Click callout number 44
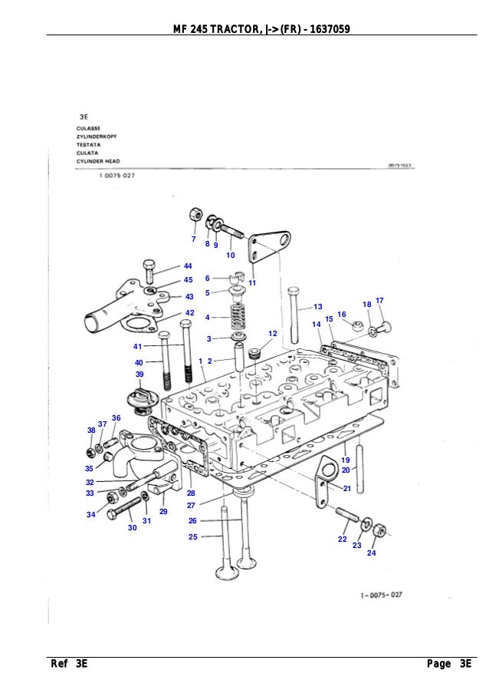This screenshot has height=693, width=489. tap(188, 266)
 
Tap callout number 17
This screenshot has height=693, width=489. tap(379, 299)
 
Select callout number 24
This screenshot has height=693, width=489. tap(372, 553)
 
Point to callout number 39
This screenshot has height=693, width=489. tap(139, 374)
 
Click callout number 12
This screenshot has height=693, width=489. tap(272, 332)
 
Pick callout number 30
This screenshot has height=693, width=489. tap(132, 528)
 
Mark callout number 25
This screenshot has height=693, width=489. tap(192, 536)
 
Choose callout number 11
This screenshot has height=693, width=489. tap(252, 283)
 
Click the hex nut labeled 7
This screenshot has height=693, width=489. tap(195, 213)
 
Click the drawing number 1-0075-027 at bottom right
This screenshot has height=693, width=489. tap(381, 594)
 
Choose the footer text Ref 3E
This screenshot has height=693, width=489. tap(70, 664)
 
